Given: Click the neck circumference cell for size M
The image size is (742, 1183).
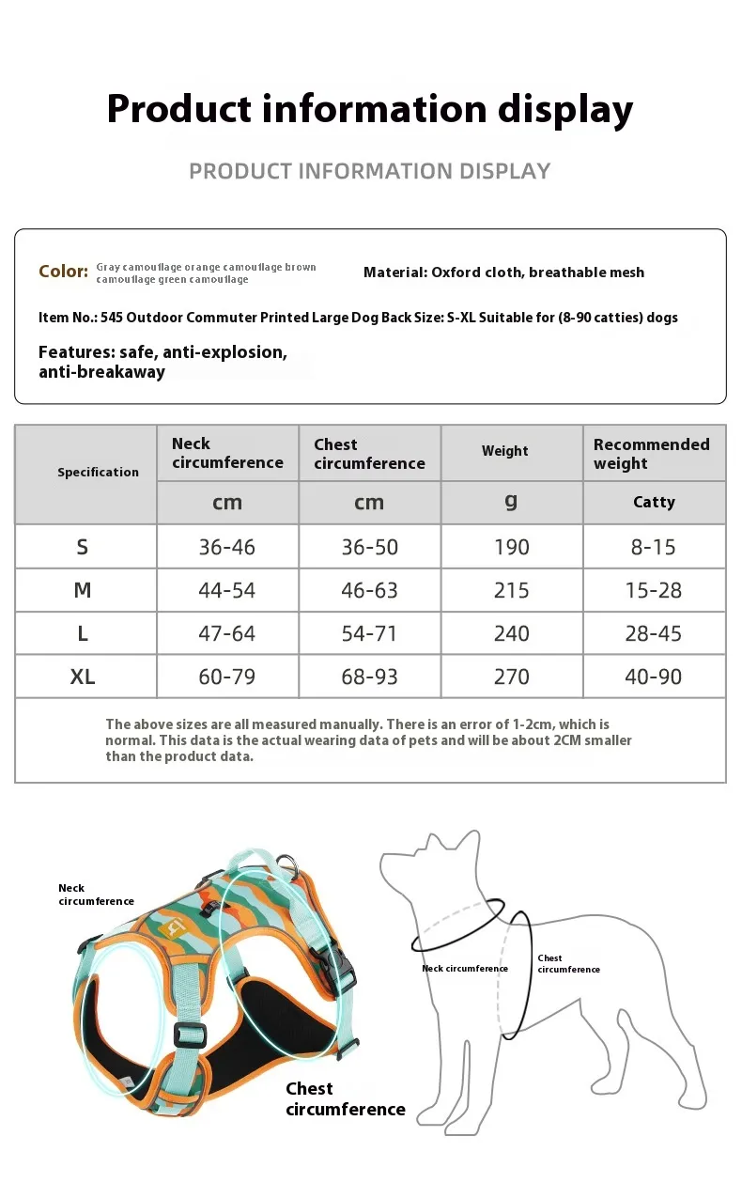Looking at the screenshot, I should (226, 590).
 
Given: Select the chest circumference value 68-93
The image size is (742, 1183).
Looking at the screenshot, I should (369, 677).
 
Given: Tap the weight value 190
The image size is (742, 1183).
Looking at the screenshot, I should (511, 547).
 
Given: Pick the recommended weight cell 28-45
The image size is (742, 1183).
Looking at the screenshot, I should (653, 633).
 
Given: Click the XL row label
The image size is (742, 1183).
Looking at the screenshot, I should (83, 677).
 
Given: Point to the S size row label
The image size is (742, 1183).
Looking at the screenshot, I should (83, 547).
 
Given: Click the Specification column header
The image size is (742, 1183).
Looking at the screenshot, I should (98, 472).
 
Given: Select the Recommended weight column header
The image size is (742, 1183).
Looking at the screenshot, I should (651, 453).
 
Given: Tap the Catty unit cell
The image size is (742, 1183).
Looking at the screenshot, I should (654, 502).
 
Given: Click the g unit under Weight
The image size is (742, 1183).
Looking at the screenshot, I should (511, 501).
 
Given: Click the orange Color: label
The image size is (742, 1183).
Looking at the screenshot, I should (63, 272).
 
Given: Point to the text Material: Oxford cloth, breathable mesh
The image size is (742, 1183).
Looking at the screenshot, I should (503, 272).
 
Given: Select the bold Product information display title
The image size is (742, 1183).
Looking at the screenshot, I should (370, 109).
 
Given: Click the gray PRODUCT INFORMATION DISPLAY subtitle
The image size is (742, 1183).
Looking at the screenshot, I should (370, 171).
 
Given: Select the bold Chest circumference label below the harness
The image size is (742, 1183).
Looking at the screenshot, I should (345, 1099).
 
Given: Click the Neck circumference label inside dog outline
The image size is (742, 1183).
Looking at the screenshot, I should (464, 969).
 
